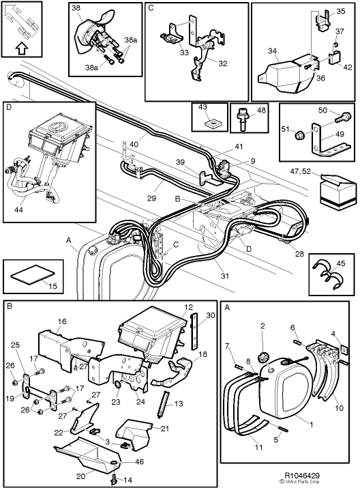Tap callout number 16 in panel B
(61, 320)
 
